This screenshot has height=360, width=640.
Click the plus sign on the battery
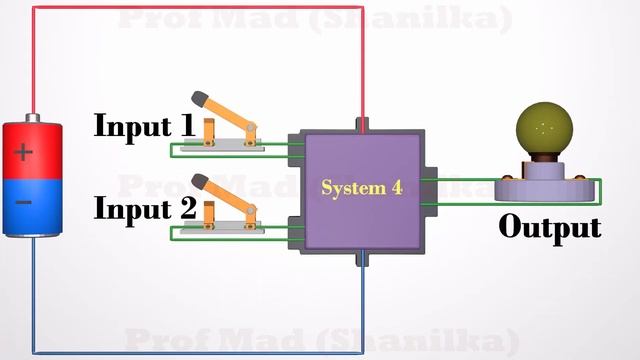pos(24,154)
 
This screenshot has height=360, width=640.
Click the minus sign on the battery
pos(24,203)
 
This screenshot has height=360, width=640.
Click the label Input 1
pos(144,126)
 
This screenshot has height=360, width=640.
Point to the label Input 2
pos(144,209)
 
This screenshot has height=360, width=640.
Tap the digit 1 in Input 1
pos(186,126)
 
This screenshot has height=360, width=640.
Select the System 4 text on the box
pos(361,187)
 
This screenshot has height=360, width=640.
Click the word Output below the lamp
pos(550,227)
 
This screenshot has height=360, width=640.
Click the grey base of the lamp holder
pos(546,188)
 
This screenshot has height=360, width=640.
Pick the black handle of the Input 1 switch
pos(200,98)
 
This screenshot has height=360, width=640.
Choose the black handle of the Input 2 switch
pos(200,181)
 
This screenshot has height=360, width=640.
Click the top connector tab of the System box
pos(362,125)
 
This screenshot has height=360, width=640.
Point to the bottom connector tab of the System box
pos(362,257)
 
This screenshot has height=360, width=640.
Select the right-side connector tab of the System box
pos(429,190)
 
